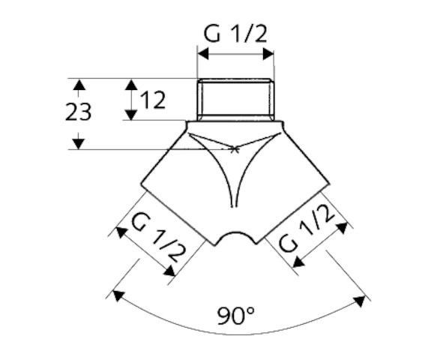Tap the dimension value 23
(x=78, y=112)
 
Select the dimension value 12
(x=152, y=100)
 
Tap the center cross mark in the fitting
(x=235, y=149)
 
